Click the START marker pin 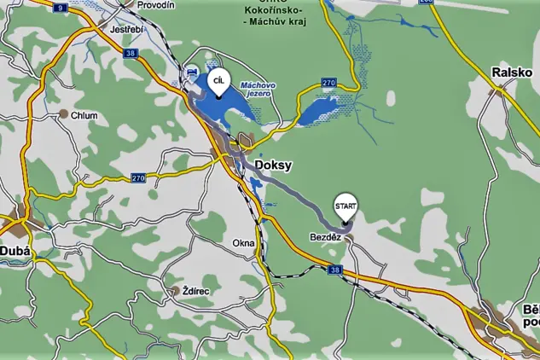[345, 206]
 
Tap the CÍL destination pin [218, 81]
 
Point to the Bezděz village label [325, 236]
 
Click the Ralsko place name [512, 73]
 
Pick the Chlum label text [84, 115]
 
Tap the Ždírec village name [196, 291]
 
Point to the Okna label [243, 243]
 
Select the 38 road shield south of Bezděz [334, 270]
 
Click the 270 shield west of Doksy [139, 177]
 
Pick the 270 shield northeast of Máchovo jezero [328, 83]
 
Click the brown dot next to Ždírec [176, 291]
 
